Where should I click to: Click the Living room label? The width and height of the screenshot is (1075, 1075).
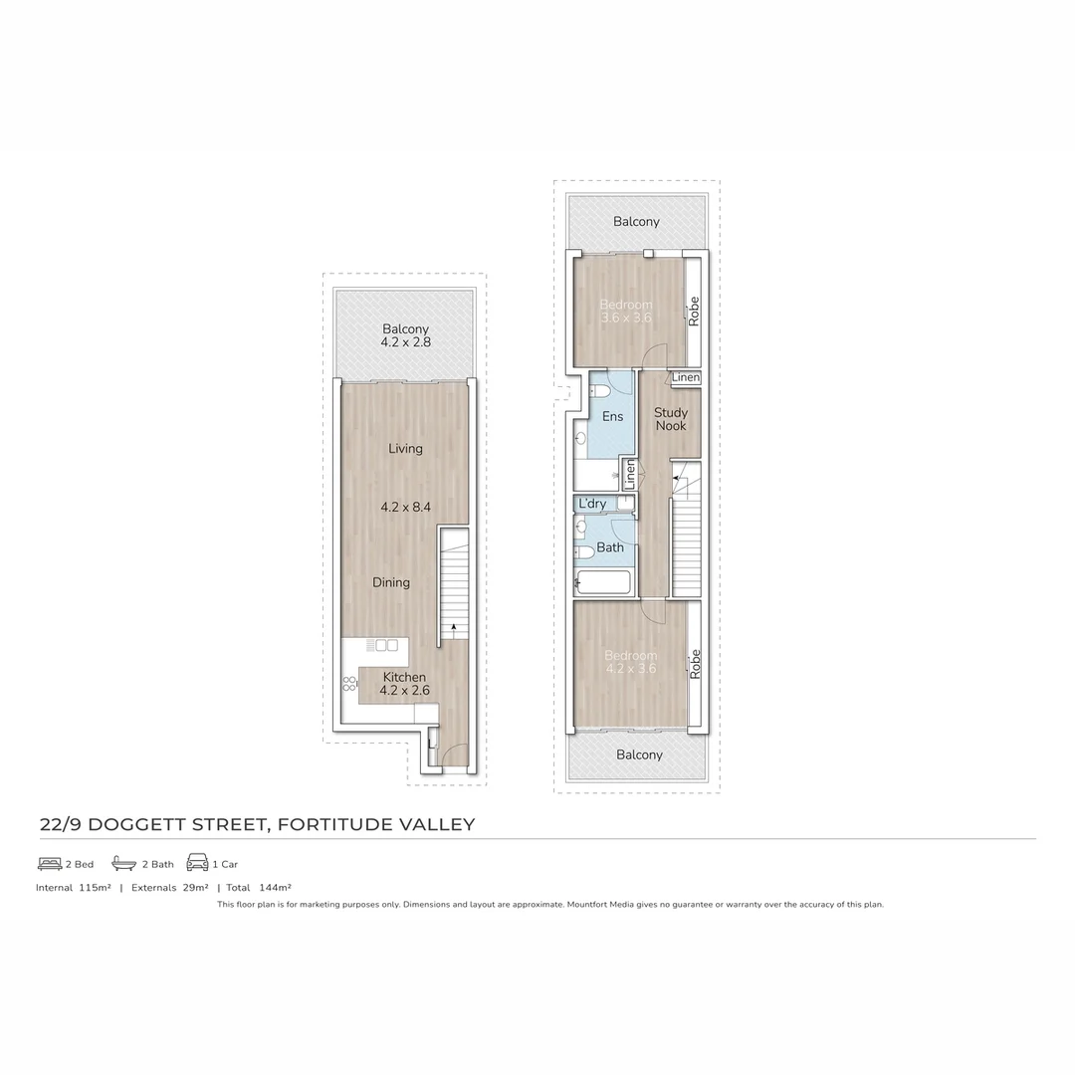405,448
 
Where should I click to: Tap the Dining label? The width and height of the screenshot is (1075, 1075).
391,582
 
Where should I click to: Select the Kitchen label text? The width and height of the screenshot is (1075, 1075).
404,677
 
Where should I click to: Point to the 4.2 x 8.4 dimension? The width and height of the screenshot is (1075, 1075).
405,507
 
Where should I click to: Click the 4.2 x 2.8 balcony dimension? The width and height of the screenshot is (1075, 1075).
405,342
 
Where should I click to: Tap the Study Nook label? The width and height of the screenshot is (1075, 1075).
670,419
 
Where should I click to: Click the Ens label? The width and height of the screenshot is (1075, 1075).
612,416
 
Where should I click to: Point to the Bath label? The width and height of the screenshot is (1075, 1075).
610,547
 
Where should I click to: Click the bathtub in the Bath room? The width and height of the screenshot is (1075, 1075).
602,581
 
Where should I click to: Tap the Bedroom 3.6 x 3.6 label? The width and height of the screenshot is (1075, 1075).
626,311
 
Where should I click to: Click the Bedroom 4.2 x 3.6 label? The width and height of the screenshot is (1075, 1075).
631,662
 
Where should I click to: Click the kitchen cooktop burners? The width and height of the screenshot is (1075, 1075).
350,683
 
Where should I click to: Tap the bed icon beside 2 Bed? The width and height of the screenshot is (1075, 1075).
50,863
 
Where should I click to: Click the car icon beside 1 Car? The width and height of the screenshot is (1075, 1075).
197,863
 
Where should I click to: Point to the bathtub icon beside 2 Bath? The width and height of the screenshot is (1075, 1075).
123,863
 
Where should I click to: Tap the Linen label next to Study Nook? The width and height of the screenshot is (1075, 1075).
685,378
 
